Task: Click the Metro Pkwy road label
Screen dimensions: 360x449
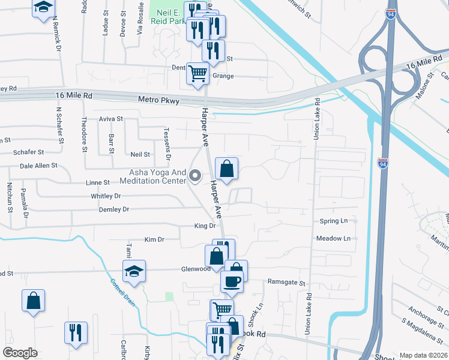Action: point(158,101)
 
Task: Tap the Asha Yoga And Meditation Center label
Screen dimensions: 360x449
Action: point(152,175)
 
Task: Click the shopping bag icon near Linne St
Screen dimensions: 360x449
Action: point(226,170)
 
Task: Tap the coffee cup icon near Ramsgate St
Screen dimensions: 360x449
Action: point(232,280)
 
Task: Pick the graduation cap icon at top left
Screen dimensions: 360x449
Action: point(43,8)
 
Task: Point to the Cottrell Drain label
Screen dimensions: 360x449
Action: point(123,292)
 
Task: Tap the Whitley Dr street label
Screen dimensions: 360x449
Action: point(106,196)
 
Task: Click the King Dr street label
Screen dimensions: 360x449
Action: point(205,226)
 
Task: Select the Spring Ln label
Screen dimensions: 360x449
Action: point(334,221)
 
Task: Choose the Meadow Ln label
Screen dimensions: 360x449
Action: point(333,239)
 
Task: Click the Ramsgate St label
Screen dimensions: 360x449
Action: point(286,282)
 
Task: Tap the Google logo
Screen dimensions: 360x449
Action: point(20,352)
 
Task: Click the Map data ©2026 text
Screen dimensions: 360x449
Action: point(423,355)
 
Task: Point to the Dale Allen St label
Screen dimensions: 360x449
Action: point(38,165)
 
